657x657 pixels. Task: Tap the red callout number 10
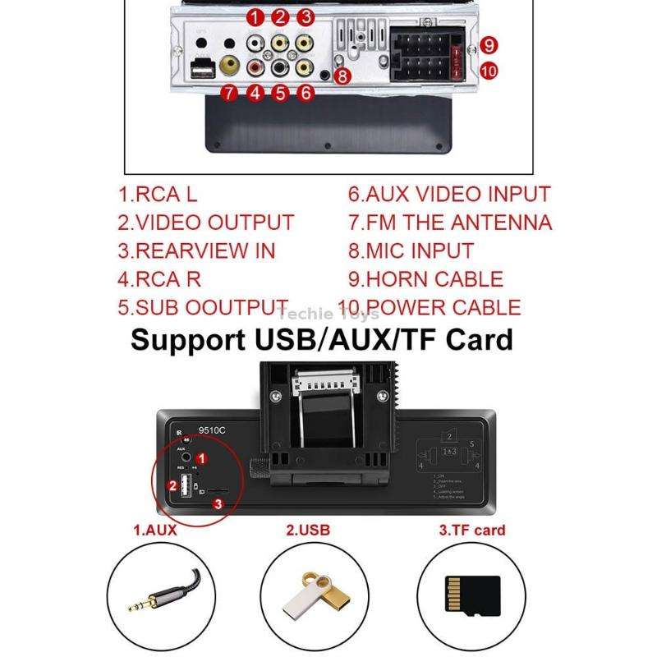coord(489,71)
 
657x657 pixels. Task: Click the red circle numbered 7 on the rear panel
coord(230,93)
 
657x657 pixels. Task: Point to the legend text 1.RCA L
coord(158,195)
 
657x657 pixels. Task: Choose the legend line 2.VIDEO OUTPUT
coord(205,223)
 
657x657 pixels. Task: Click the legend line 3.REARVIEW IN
coord(195,251)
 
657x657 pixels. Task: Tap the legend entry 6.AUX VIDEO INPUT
coord(448,195)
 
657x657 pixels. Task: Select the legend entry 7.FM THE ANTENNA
coord(450,223)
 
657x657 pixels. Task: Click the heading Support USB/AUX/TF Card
coord(322,339)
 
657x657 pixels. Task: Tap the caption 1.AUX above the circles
coord(155,530)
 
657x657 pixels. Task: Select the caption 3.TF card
coord(471,530)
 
